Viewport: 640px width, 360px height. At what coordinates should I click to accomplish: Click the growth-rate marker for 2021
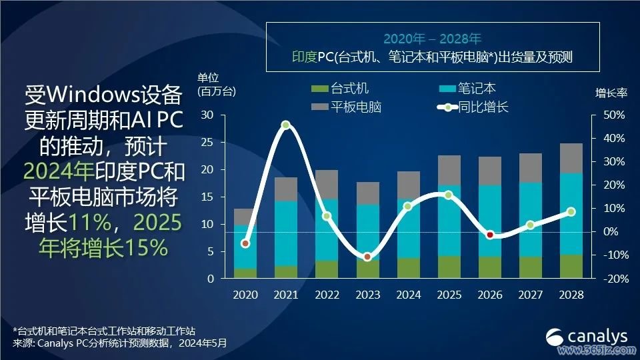pos(286,125)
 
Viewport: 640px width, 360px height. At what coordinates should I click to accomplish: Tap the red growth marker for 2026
pos(490,235)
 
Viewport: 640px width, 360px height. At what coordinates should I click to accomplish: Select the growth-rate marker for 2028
pos(571,211)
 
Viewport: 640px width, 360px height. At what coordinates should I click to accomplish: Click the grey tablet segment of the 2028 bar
pos(571,159)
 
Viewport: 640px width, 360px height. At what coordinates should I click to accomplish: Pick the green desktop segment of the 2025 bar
pos(449,267)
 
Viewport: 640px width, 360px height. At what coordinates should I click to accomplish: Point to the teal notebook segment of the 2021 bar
pos(286,233)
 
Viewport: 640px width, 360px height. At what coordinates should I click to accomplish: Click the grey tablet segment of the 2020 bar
pos(245,217)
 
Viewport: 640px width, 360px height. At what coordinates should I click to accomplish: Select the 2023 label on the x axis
pos(367,295)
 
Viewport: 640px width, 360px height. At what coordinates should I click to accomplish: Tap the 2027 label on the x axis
pos(530,295)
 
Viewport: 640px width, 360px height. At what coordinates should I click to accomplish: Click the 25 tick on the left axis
pos(207,143)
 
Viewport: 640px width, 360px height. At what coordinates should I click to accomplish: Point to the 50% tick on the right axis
pos(614,115)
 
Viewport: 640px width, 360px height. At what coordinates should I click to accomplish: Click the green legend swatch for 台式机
pos(319,89)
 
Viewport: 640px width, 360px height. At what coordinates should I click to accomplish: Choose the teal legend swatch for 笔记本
pos(447,89)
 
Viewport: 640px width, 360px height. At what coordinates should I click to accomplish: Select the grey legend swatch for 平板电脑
pos(319,107)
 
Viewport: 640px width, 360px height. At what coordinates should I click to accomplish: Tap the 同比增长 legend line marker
pos(447,107)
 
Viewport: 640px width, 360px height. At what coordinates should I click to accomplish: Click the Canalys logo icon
pos(555,337)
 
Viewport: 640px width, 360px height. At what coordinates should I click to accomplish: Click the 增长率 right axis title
pos(611,93)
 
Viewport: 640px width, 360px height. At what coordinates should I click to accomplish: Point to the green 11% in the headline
pos(90,223)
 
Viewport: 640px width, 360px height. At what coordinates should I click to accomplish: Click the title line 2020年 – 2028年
pos(433,39)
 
